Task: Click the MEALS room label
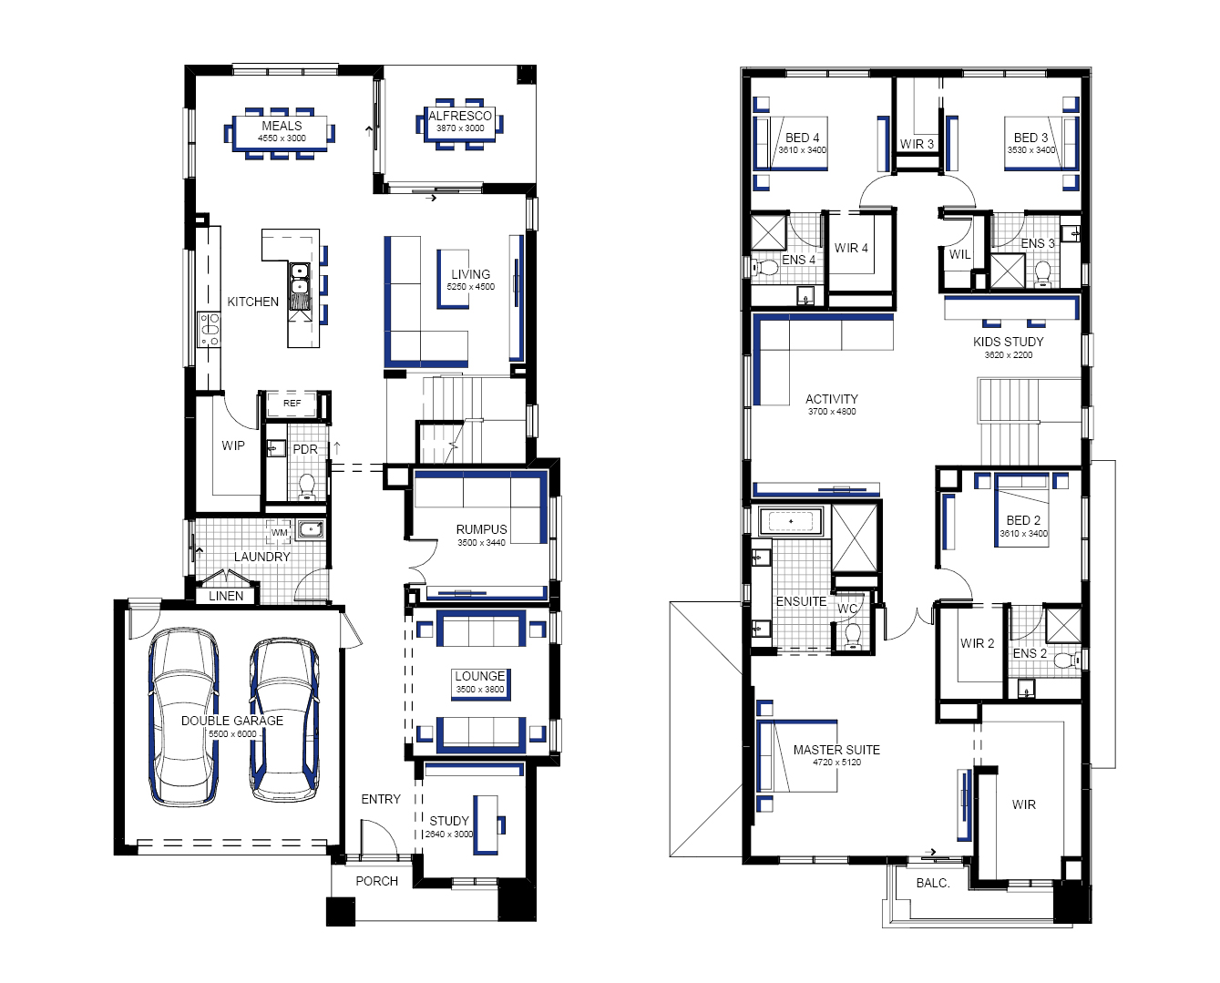282,126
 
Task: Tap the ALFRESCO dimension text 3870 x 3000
460,128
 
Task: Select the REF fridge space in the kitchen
292,403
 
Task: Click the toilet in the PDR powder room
307,487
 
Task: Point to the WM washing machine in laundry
279,532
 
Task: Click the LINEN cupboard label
226,596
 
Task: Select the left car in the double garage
184,717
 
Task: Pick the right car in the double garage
284,720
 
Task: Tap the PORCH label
377,881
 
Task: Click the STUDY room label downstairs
449,821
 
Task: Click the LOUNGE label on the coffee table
479,676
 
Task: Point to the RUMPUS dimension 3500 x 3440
481,543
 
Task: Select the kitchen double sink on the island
299,279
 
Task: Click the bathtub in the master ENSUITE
791,521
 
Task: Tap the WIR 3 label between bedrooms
917,144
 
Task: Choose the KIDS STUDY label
1009,342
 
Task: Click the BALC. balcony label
933,883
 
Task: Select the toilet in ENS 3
1043,274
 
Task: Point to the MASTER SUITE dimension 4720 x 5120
836,763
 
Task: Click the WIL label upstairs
959,254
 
